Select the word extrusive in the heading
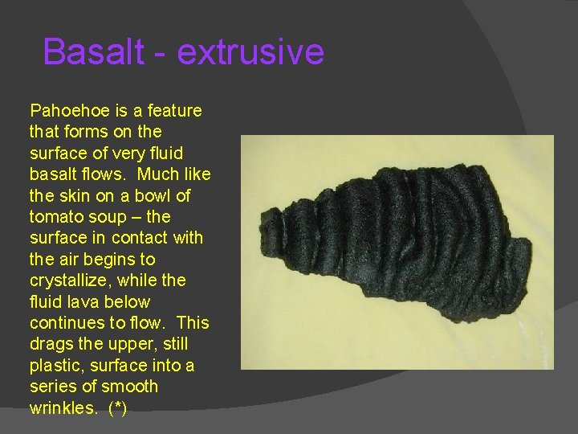point(250,52)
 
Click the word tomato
point(55,217)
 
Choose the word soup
point(104,217)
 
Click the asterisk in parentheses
point(117,408)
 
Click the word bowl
point(149,195)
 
